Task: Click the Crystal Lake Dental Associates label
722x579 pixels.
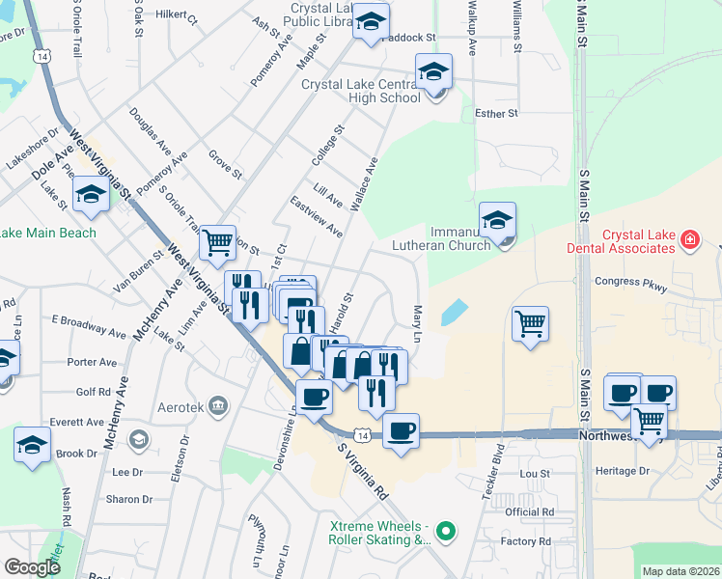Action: (x=638, y=241)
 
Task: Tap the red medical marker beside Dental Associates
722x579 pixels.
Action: (x=689, y=238)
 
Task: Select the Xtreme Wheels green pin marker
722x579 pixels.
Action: (x=445, y=530)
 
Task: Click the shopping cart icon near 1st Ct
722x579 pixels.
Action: (x=218, y=243)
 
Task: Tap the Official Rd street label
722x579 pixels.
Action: (x=530, y=511)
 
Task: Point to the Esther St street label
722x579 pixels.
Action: (x=497, y=114)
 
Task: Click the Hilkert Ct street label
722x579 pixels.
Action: (x=175, y=18)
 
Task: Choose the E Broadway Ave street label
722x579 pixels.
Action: (x=89, y=325)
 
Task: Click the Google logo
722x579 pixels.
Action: (x=32, y=567)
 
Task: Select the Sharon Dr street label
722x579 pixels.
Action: (x=129, y=499)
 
